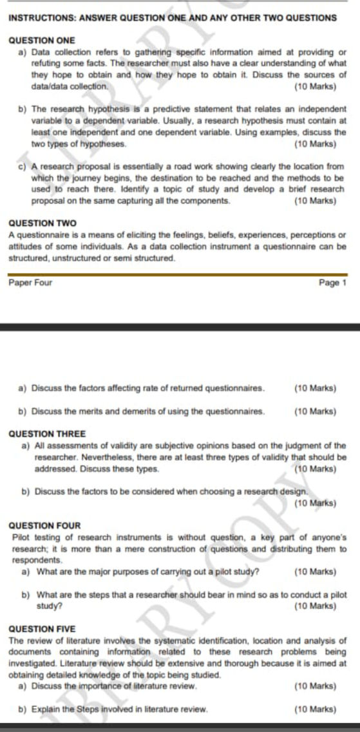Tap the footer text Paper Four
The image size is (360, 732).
click(31, 283)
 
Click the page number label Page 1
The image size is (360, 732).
click(334, 283)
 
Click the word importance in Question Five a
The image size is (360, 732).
click(95, 686)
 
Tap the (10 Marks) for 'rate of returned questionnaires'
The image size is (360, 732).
click(314, 388)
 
